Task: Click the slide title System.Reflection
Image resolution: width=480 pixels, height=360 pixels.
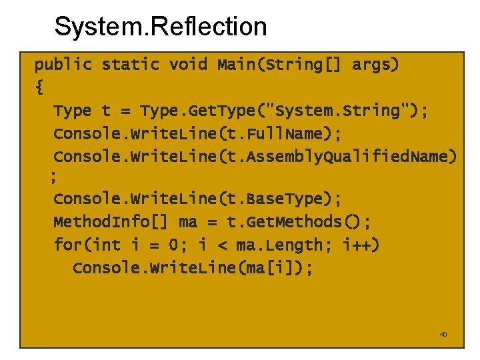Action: click(x=160, y=27)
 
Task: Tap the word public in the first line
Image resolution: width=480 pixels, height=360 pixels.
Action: click(x=63, y=65)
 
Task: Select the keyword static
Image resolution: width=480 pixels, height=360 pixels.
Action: click(x=131, y=65)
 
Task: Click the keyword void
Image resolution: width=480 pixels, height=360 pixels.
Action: click(x=189, y=65)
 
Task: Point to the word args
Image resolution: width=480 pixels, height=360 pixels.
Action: click(x=371, y=65)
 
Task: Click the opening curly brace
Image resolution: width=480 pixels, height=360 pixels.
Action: click(x=39, y=87)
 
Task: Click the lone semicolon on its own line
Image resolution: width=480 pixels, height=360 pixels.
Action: click(x=53, y=177)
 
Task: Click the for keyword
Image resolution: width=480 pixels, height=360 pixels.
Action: click(x=67, y=245)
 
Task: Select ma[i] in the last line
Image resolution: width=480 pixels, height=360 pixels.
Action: click(x=273, y=268)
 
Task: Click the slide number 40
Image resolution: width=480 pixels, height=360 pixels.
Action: click(x=443, y=334)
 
